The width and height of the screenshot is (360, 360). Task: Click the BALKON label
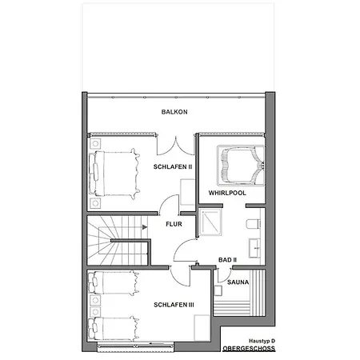(174, 112)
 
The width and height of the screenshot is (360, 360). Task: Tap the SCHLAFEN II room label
(173, 167)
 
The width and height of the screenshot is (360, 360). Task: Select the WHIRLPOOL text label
(227, 193)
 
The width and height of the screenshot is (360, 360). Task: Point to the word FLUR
(174, 224)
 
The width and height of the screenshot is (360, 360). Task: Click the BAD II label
(227, 260)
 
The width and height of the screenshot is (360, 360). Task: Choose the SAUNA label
(238, 282)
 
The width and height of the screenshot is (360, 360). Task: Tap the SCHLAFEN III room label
(174, 305)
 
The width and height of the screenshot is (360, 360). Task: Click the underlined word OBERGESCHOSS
(249, 349)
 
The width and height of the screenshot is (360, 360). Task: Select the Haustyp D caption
(262, 341)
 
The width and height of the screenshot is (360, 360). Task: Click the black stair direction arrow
(145, 227)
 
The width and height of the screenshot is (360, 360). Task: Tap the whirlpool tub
(241, 166)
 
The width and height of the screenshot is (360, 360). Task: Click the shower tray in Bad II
(210, 222)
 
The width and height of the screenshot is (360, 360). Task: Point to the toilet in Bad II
(254, 224)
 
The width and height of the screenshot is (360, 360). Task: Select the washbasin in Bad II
(254, 248)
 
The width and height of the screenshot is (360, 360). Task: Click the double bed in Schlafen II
(114, 174)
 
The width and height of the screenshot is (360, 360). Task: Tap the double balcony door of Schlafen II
(176, 146)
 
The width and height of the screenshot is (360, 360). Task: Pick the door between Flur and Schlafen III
(180, 276)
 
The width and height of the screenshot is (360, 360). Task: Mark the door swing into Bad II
(186, 250)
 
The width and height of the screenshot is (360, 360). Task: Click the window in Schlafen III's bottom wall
(135, 346)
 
